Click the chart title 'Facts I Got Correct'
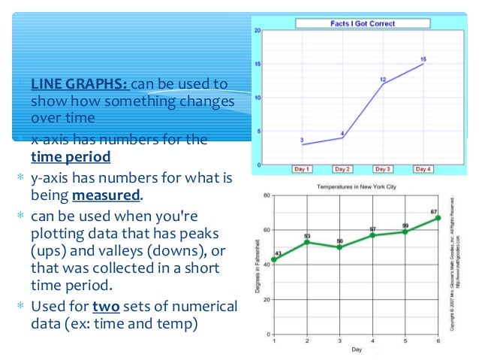[364, 24]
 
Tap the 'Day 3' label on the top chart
[383, 169]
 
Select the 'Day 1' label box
[302, 169]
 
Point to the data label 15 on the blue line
[423, 59]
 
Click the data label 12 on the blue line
[382, 79]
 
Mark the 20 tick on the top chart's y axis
[258, 31]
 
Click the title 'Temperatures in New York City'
[356, 186]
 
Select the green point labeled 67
[438, 218]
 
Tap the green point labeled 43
[274, 259]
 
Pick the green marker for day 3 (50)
[339, 247]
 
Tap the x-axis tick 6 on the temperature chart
[438, 341]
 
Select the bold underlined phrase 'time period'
[71, 157]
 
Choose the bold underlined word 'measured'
[106, 195]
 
